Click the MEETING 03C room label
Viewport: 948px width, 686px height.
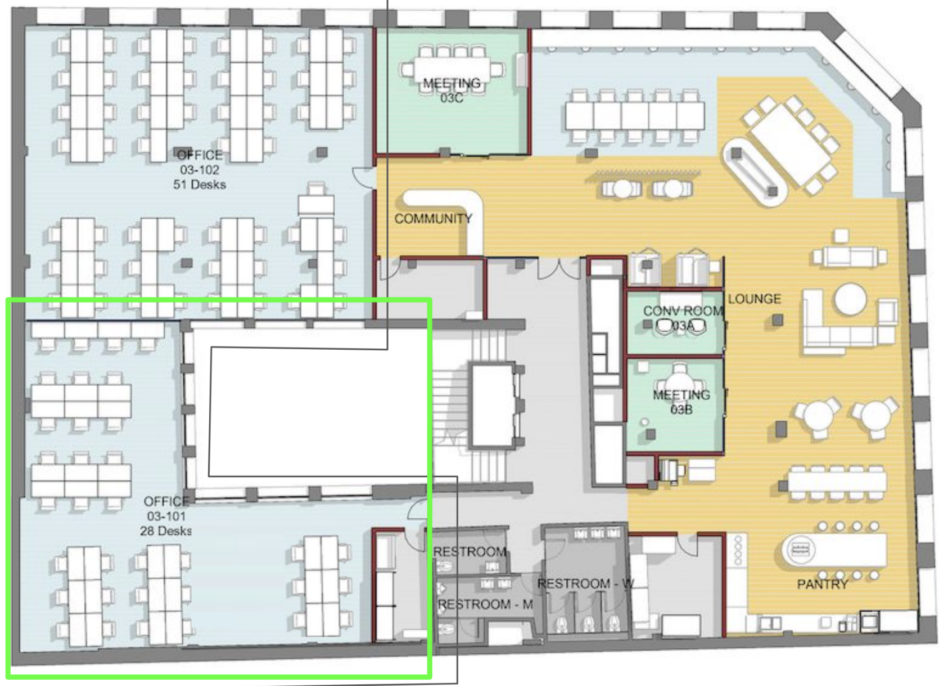tap(452, 90)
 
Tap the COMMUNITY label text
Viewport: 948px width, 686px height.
tap(433, 218)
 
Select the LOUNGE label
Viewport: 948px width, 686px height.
tap(754, 299)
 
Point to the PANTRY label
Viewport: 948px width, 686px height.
tap(822, 584)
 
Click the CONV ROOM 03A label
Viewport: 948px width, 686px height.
tap(683, 318)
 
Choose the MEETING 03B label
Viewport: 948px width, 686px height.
tap(681, 402)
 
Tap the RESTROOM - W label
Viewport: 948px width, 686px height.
tap(586, 584)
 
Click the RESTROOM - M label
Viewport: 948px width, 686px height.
tap(486, 604)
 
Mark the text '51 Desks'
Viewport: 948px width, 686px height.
tap(200, 184)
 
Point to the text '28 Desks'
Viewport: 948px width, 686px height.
tap(165, 531)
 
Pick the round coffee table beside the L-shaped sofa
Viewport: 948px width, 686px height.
tap(850, 299)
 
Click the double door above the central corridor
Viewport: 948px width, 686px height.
tap(559, 268)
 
